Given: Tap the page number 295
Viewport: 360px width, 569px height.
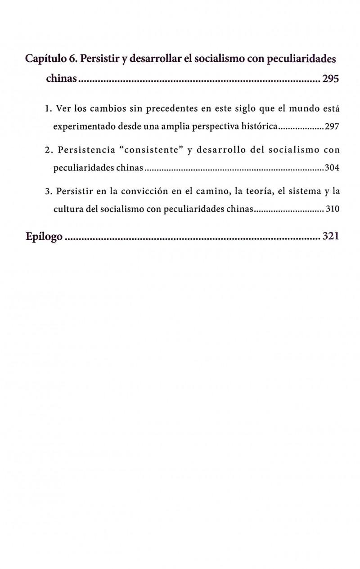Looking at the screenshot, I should click(x=330, y=80).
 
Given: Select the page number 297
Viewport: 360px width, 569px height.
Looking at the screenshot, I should click(x=332, y=127).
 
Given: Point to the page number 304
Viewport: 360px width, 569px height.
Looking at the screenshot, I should click(x=332, y=169).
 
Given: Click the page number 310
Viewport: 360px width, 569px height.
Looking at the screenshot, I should click(x=332, y=210).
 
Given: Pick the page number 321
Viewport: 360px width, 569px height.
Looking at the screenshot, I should click(x=330, y=237).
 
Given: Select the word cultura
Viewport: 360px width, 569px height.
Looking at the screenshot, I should click(x=67, y=210).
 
